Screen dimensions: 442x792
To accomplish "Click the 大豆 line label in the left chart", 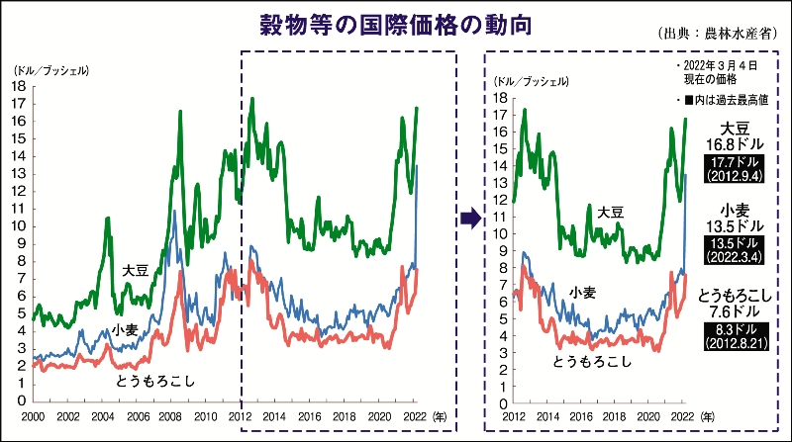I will [x=136, y=269].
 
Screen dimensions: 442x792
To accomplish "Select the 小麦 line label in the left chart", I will [x=125, y=329].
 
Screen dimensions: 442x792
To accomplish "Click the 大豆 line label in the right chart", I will [x=610, y=213].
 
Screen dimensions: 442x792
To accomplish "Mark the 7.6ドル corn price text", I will [x=735, y=312].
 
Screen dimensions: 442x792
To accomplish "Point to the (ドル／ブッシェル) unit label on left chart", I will [x=49, y=72].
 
